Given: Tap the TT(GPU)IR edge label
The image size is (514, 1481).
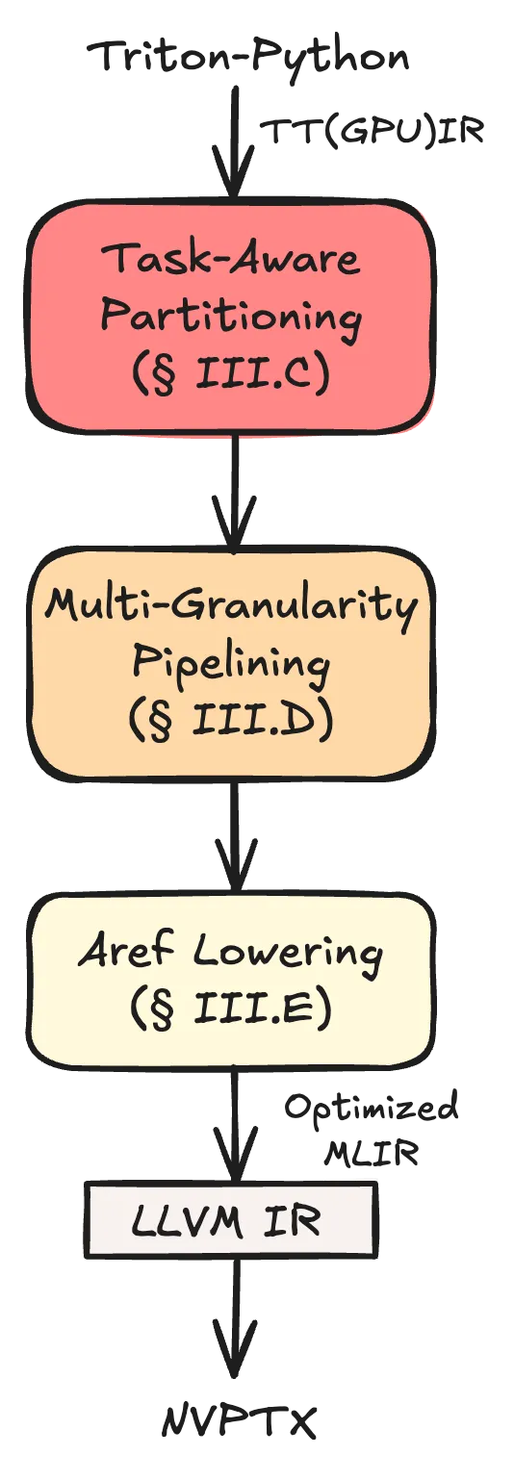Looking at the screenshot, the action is tap(372, 132).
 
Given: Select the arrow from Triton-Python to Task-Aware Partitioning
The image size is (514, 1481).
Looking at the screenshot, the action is tap(234, 142).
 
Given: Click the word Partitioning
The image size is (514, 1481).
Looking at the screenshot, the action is tap(231, 316).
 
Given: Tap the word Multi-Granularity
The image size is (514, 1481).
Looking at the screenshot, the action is tap(231, 605).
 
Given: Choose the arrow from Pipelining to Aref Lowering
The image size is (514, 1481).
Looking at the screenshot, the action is tap(234, 837).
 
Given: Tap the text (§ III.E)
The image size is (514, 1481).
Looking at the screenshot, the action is tap(230, 1009).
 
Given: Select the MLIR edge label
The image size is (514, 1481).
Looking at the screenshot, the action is tap(372, 1154).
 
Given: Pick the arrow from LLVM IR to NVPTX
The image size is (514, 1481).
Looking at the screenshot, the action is tap(234, 1315).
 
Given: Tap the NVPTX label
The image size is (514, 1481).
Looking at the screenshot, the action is tap(239, 1420).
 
